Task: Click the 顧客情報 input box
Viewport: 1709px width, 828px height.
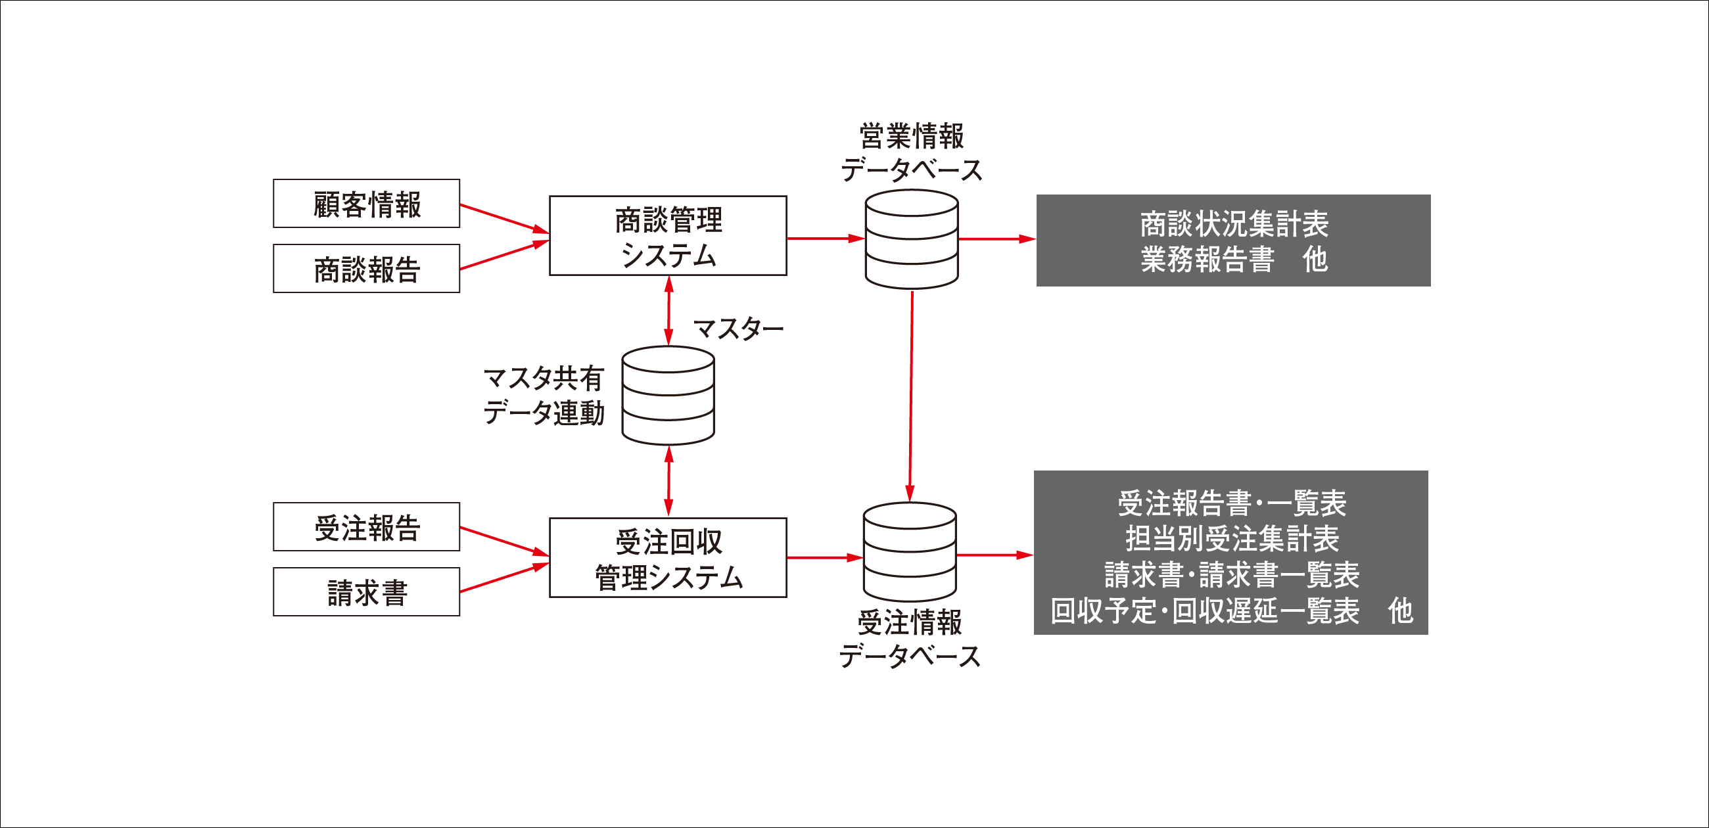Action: tap(366, 204)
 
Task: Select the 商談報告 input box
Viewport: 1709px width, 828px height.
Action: tap(366, 269)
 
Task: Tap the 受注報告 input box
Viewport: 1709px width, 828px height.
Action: tap(366, 527)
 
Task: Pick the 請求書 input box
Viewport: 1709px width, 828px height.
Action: tap(366, 592)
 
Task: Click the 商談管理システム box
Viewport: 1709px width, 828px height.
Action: tap(668, 235)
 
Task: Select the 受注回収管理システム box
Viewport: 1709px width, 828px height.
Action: tap(668, 558)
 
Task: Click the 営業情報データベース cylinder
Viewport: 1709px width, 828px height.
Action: tap(912, 239)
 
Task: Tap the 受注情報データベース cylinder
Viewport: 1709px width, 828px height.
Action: tap(910, 552)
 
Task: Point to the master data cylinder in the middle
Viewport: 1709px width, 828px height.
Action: tap(668, 396)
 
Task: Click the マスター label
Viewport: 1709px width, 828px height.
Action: tap(738, 329)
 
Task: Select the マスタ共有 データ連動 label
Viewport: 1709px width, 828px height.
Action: tap(544, 396)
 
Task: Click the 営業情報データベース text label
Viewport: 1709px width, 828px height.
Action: tap(912, 152)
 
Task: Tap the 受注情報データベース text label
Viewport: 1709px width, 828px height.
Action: tap(910, 639)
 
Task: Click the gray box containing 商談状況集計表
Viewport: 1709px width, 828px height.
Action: tap(1233, 240)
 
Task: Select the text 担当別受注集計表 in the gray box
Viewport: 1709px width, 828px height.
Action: tap(1232, 539)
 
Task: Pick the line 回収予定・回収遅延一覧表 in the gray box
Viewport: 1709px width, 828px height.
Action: tap(1205, 611)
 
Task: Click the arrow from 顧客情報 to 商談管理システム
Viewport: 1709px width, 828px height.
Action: tap(505, 219)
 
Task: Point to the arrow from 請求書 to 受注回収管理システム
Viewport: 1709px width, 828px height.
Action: tap(505, 577)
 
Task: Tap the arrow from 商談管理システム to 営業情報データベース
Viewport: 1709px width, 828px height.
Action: tap(826, 238)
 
